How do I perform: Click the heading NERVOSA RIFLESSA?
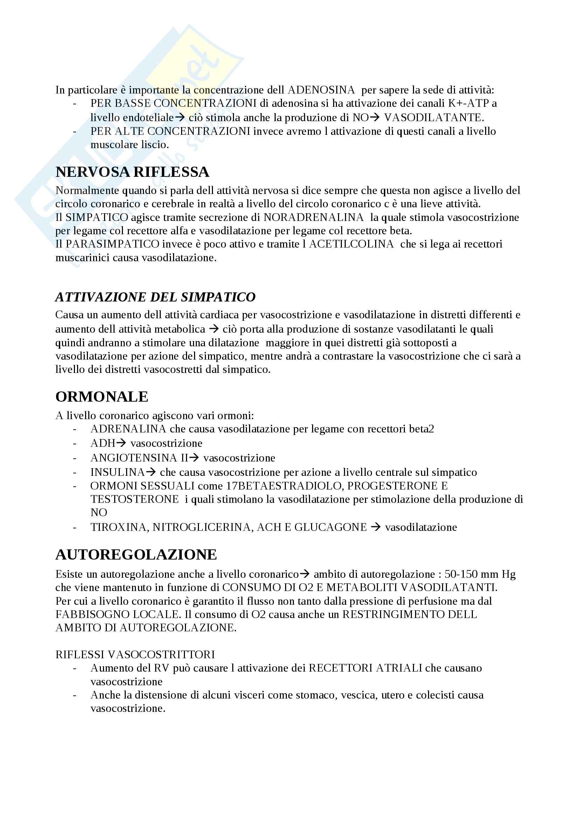132,172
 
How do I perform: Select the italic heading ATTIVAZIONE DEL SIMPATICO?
155,297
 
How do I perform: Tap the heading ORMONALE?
102,397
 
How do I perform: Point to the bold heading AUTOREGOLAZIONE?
136,555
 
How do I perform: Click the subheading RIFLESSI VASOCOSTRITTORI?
135,654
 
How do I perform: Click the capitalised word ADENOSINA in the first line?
321,90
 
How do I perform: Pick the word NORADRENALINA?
313,217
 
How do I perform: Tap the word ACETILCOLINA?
351,244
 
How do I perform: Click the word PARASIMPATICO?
112,244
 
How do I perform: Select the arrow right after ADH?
122,443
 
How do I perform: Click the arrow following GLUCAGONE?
375,527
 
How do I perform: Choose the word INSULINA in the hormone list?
117,472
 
